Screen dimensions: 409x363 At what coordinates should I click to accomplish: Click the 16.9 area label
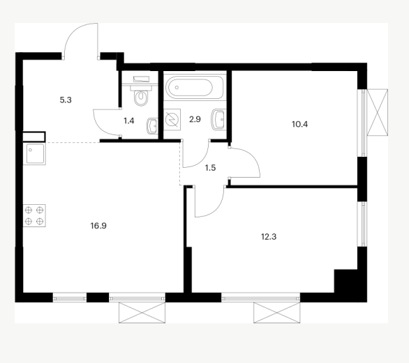coord(98,226)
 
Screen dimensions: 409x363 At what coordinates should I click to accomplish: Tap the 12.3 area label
coord(269,237)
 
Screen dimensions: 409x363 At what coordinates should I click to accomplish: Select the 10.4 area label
coord(299,124)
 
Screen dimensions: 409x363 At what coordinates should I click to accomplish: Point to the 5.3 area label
coord(66,100)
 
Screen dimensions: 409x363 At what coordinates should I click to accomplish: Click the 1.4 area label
coord(129,121)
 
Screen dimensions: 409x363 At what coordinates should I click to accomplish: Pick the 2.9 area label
coord(195,119)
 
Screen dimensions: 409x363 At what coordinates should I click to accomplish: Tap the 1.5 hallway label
coord(210,168)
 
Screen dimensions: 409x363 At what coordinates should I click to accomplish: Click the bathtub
coord(195,87)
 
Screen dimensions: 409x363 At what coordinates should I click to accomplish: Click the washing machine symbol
coord(172,120)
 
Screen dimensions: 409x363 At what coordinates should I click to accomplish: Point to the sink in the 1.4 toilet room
coord(153,126)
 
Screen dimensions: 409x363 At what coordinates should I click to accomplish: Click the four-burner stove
coord(34,215)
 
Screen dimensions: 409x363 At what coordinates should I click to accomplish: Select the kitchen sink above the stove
coord(34,154)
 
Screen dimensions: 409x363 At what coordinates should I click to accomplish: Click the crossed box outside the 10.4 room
coord(378,112)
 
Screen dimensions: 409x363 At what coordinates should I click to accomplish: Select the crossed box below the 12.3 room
coord(277,312)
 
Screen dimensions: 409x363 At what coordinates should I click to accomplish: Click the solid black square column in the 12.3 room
coord(345,281)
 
